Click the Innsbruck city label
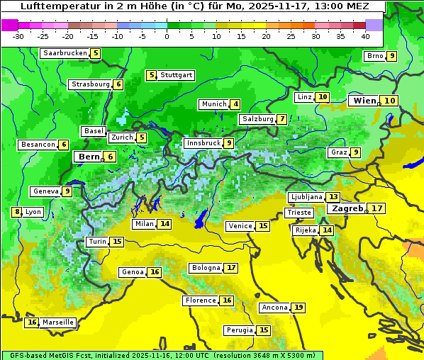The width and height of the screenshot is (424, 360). [202, 143]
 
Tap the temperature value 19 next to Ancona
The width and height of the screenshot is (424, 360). [299, 308]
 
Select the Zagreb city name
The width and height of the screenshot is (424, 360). [347, 208]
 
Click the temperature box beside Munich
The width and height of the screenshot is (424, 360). [235, 104]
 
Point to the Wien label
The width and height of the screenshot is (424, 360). [364, 101]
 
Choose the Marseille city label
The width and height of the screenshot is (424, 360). [57, 322]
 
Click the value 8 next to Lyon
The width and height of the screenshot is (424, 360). [16, 212]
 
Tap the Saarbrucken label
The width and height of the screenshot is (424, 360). [65, 53]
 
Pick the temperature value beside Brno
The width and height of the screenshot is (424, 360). [391, 56]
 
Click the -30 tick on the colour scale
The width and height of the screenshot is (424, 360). [19, 36]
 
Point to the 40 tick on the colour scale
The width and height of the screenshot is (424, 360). [365, 36]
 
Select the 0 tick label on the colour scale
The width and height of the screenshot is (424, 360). [167, 36]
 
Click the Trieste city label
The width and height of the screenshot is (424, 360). [298, 213]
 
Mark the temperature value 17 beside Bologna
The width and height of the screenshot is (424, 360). [231, 268]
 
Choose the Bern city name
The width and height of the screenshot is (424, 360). [89, 157]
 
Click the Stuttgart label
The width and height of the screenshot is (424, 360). [176, 75]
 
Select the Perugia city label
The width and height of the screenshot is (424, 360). [238, 330]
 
